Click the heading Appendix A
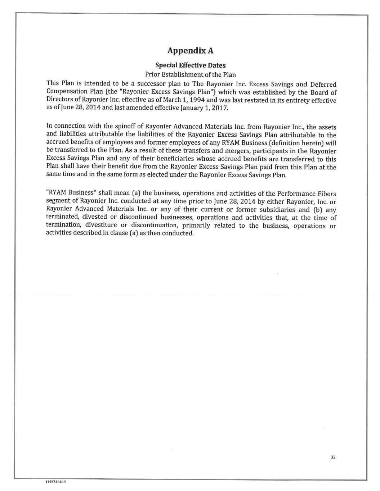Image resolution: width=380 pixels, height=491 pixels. (x=190, y=51)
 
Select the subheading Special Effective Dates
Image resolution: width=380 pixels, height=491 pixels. (x=190, y=65)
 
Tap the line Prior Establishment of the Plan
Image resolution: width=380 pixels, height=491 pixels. (x=190, y=75)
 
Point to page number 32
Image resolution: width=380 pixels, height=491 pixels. (x=333, y=457)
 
